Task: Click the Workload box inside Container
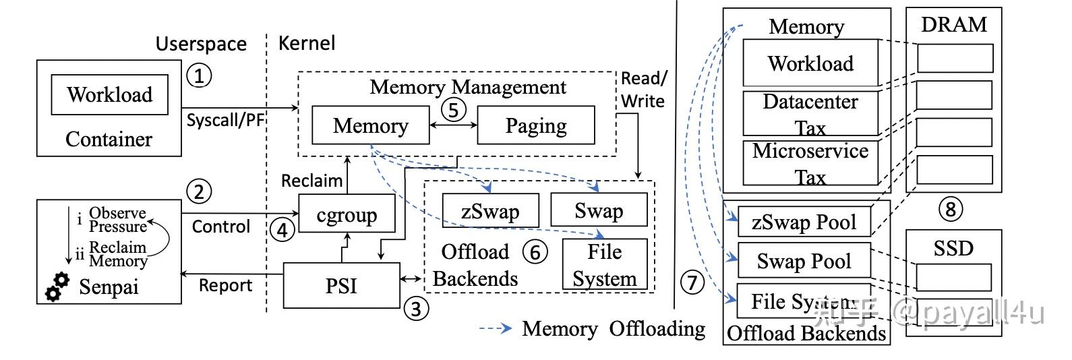click(x=109, y=94)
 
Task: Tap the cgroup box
click(x=347, y=214)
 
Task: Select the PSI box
click(x=341, y=286)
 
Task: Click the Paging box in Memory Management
click(x=536, y=125)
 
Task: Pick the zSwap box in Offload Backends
click(x=490, y=211)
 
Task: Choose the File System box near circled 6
click(x=604, y=264)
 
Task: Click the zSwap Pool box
click(x=804, y=222)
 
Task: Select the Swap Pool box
click(x=804, y=261)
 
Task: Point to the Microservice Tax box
click(x=810, y=162)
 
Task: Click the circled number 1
click(x=198, y=75)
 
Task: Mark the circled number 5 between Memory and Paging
click(x=454, y=109)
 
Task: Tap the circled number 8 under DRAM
click(x=951, y=209)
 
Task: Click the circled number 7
click(x=692, y=282)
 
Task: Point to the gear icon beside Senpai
click(x=57, y=287)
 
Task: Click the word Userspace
click(x=201, y=44)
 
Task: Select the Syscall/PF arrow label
click(x=225, y=121)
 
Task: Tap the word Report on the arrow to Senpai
click(x=225, y=286)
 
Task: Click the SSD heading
click(x=953, y=248)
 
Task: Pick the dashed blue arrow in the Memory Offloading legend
click(x=496, y=329)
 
